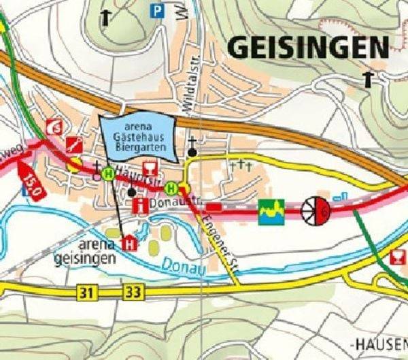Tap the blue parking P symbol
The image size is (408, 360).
158,10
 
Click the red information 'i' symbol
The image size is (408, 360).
141,204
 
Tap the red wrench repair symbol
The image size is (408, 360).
75,144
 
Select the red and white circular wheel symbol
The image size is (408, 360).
316,210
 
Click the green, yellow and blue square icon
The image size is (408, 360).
270,210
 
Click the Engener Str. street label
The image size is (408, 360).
219,244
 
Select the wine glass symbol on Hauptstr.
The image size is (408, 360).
150,168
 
